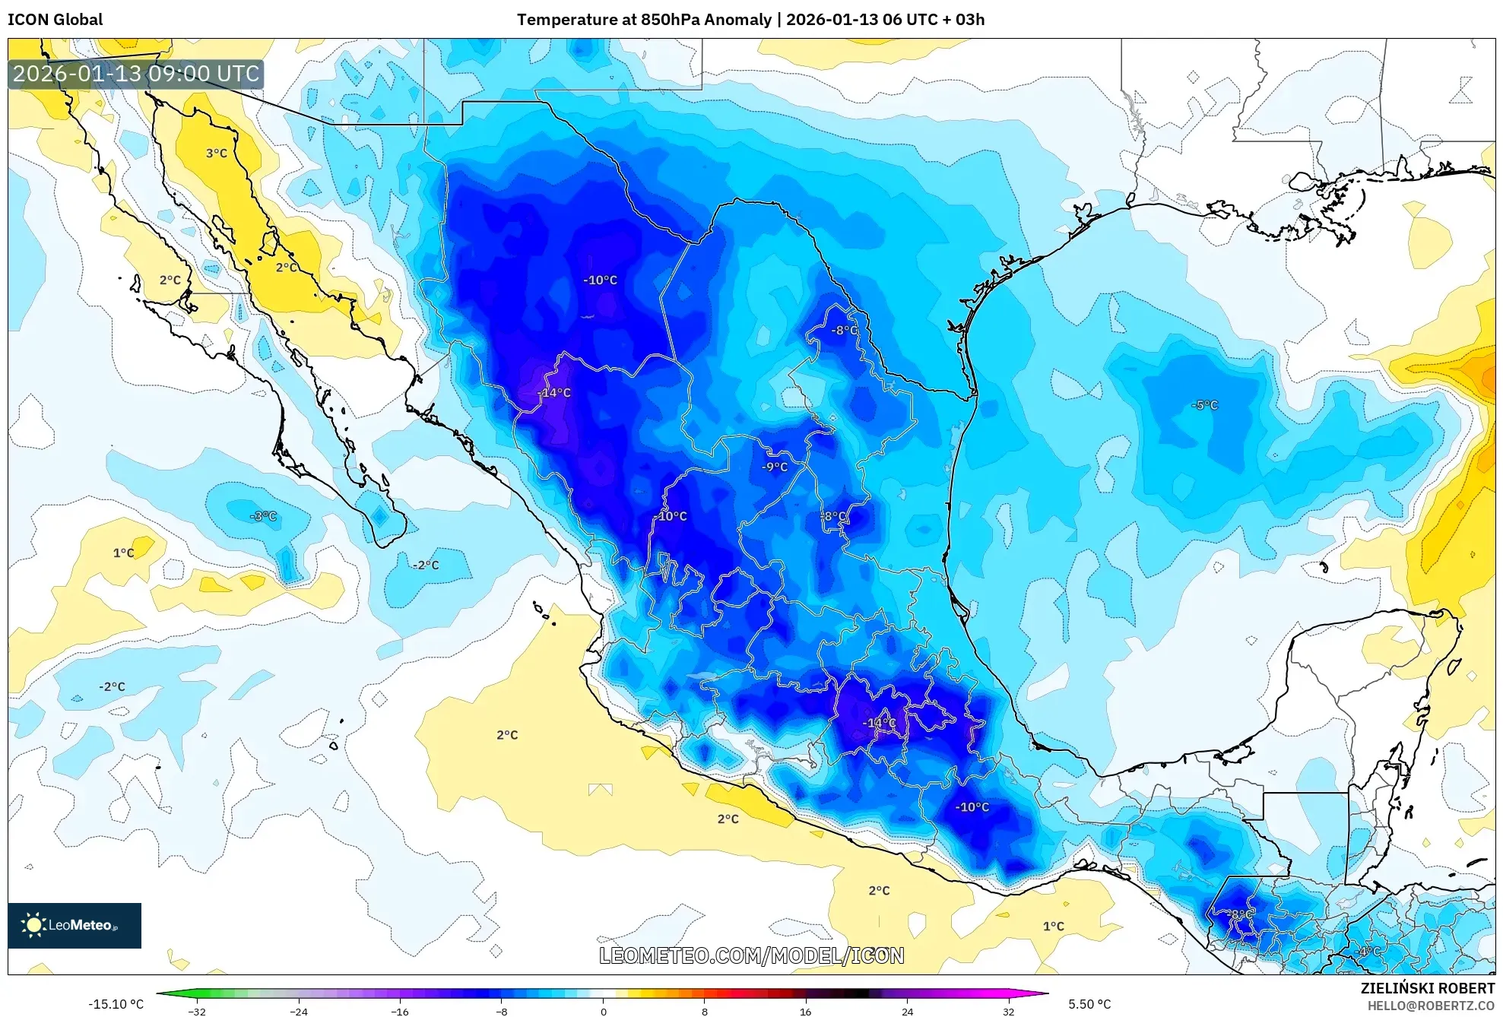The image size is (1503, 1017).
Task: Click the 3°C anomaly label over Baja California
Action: pos(217,154)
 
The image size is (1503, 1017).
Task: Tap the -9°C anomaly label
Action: pos(775,467)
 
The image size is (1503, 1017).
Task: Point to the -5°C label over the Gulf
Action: pos(1204,405)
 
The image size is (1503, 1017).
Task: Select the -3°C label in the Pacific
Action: pos(263,516)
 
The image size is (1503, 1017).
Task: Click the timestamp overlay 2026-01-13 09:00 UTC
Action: pos(136,74)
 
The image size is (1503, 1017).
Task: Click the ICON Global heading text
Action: pos(55,20)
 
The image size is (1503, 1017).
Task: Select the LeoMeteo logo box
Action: pos(75,925)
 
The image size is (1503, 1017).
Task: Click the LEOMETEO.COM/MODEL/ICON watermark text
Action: pos(751,955)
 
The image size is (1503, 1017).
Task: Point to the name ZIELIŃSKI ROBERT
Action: pos(1427,988)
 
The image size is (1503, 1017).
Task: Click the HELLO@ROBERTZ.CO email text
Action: pos(1431,1006)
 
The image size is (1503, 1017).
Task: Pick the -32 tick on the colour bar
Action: pos(197,1011)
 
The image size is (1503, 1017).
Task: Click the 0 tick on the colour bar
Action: pos(603,1011)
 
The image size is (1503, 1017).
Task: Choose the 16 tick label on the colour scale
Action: pos(805,1011)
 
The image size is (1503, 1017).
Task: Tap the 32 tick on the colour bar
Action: pos(1008,1011)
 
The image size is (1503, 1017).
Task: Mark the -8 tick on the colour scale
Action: pos(502,1011)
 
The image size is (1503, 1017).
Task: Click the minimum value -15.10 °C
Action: pos(116,1004)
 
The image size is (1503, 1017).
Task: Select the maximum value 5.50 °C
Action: pos(1089,1004)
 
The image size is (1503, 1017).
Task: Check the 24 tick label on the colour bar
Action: pos(907,1011)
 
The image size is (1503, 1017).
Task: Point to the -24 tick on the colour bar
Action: pos(299,1011)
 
